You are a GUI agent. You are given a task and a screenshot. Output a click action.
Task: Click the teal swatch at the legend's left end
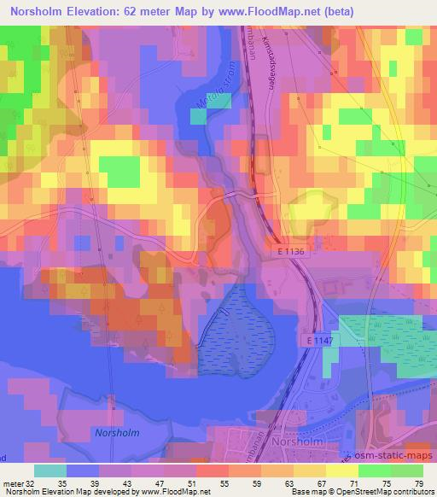[x=49, y=470]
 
